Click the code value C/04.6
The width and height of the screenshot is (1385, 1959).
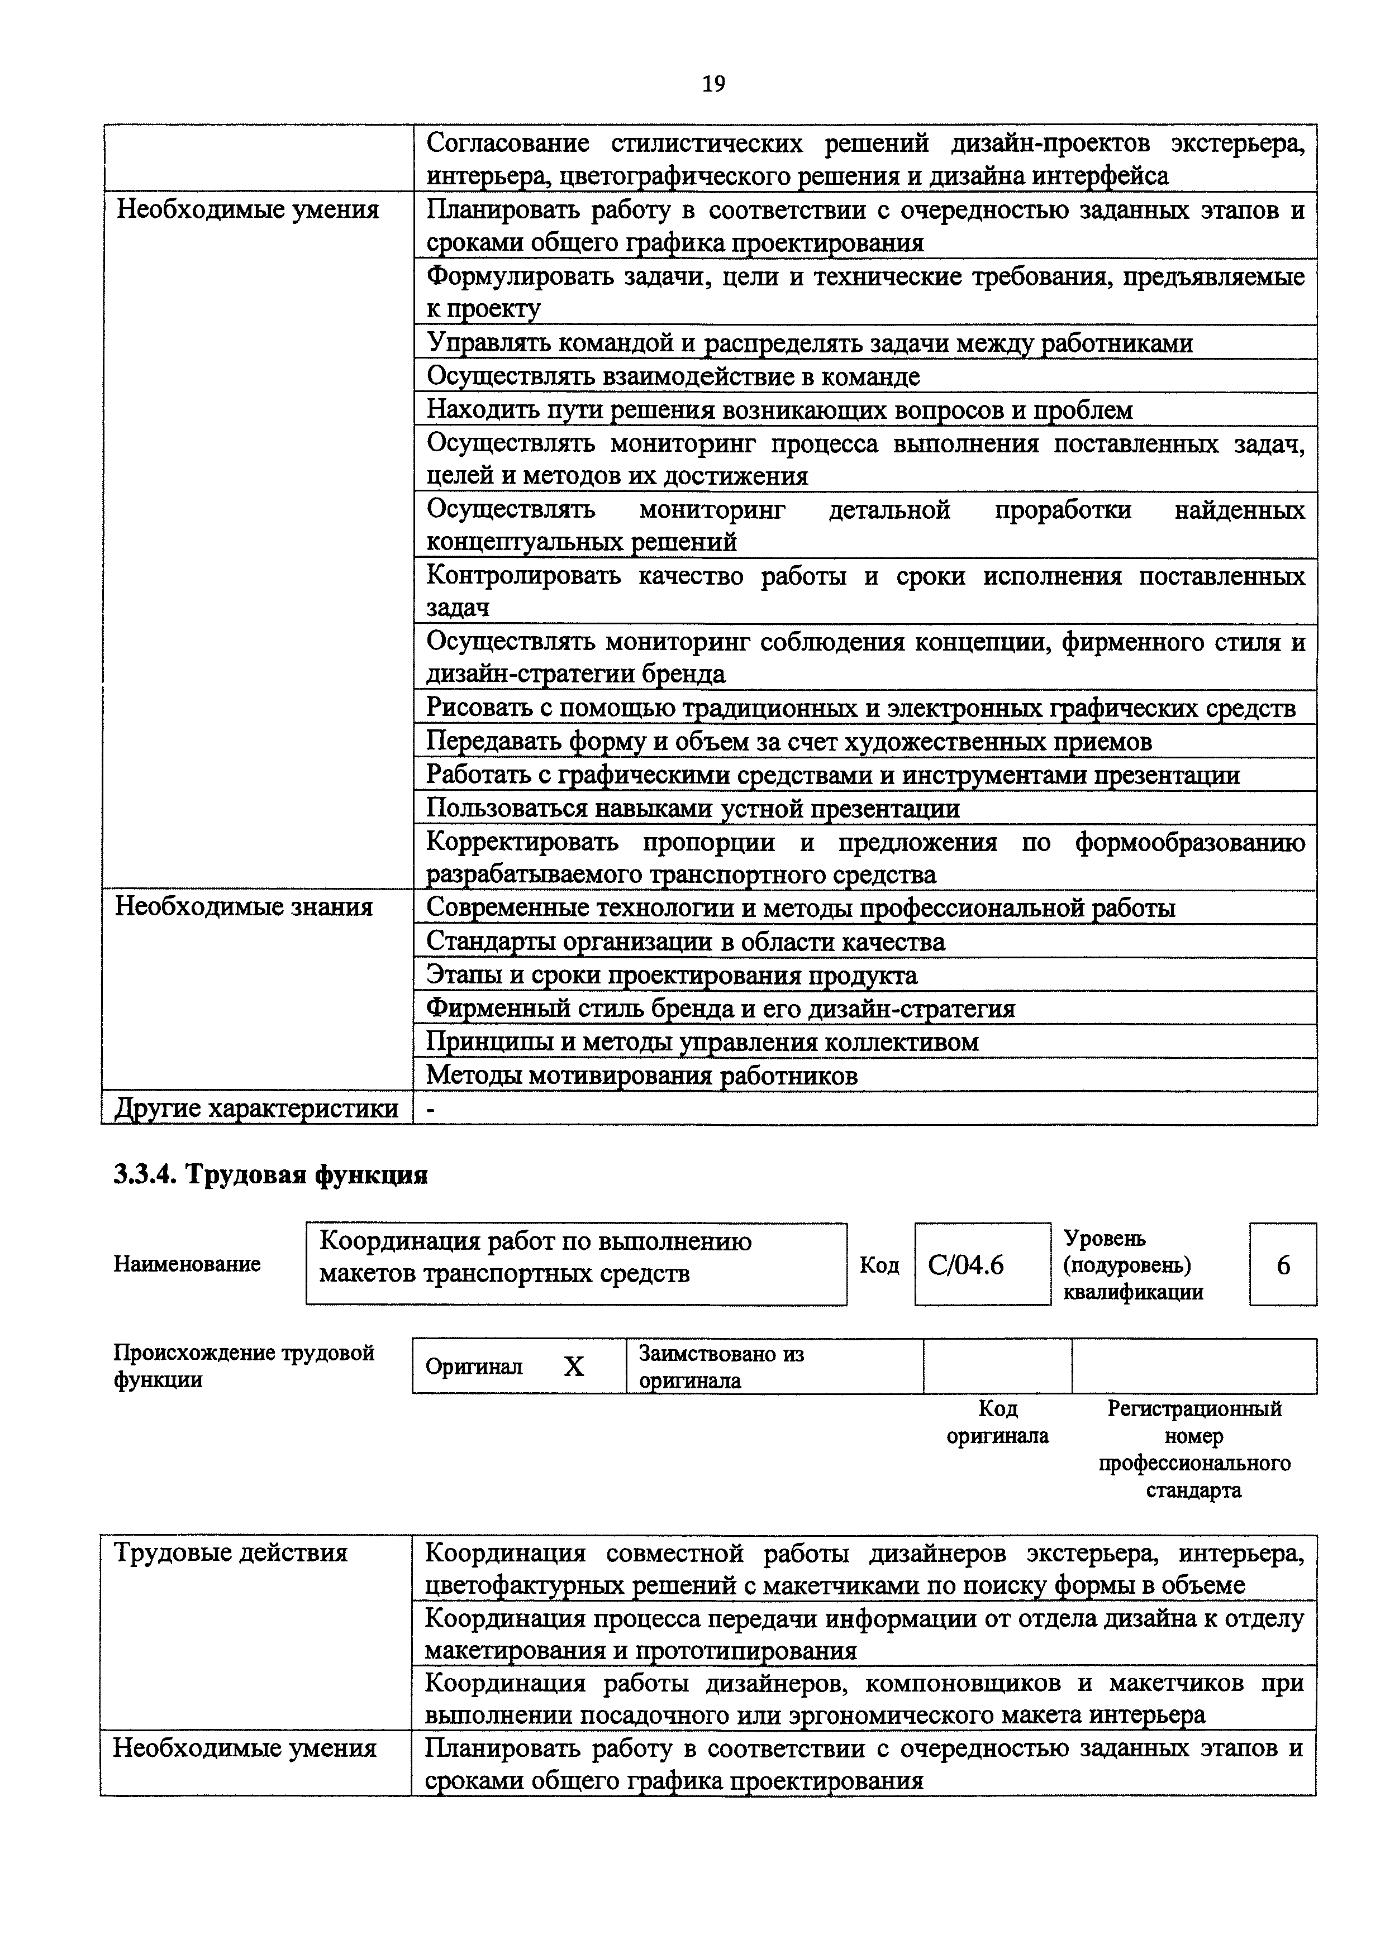click(966, 1264)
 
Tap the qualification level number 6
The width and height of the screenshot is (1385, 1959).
click(1283, 1264)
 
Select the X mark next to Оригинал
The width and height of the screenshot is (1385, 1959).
click(573, 1367)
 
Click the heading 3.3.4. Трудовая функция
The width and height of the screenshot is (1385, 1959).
click(270, 1175)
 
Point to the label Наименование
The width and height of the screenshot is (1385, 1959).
click(187, 1264)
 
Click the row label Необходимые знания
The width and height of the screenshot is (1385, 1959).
click(244, 906)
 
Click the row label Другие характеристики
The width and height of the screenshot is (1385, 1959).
click(256, 1108)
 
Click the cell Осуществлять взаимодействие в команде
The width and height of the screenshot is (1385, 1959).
click(673, 376)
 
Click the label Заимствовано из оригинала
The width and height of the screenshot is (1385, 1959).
click(721, 1367)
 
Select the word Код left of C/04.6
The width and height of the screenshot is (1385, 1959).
click(879, 1264)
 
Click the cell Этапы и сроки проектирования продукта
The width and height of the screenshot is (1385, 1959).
click(672, 974)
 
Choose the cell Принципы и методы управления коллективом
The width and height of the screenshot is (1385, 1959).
click(702, 1042)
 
